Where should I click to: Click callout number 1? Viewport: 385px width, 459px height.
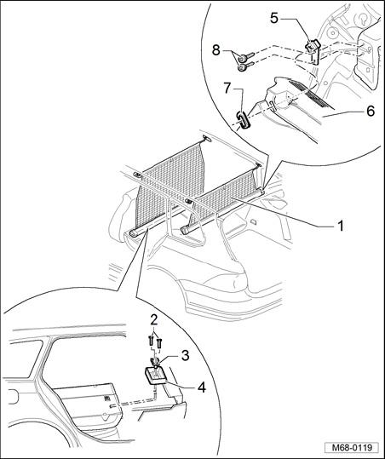tap(340, 226)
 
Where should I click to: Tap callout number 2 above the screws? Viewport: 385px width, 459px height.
tap(154, 320)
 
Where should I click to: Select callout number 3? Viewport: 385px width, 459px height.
tap(186, 356)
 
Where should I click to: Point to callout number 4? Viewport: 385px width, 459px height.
tap(202, 387)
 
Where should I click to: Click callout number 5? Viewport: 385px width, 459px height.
tap(274, 18)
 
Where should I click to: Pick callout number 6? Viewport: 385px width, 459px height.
tap(371, 112)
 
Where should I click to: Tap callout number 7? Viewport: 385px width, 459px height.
tap(227, 88)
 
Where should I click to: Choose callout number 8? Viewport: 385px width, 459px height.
tap(215, 50)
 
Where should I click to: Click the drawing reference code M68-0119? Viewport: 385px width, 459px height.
tap(353, 448)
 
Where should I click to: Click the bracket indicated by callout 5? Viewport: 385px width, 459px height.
tap(313, 50)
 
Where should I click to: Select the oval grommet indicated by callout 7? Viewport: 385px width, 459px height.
tap(243, 120)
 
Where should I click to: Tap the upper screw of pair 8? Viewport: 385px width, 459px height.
tap(245, 57)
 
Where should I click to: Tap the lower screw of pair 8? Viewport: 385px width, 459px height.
tap(245, 66)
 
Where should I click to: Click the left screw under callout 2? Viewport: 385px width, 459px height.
tap(151, 341)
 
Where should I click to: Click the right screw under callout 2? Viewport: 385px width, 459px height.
tap(159, 343)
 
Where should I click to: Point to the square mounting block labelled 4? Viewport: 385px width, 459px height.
tap(156, 376)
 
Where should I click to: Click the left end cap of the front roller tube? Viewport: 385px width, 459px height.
tap(132, 233)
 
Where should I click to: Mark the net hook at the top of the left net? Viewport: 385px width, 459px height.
tap(207, 139)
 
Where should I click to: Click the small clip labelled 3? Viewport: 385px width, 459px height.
tap(155, 362)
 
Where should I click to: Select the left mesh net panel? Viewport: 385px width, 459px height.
tap(170, 187)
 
